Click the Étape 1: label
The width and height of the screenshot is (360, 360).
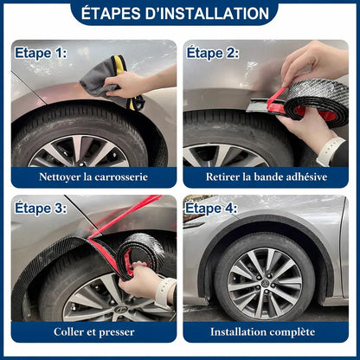pyautogui.click(x=40, y=53)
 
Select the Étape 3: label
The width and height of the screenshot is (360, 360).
pyautogui.click(x=40, y=208)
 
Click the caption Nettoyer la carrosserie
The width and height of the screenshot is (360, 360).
pyautogui.click(x=93, y=177)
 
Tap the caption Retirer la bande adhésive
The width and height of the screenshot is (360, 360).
pyautogui.click(x=267, y=177)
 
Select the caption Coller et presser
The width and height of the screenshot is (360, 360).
pyautogui.click(x=93, y=331)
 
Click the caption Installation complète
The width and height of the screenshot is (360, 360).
pyautogui.click(x=267, y=331)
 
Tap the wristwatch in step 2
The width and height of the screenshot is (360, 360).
pyautogui.click(x=330, y=151)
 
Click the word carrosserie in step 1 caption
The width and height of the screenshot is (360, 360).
pyautogui.click(x=118, y=177)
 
